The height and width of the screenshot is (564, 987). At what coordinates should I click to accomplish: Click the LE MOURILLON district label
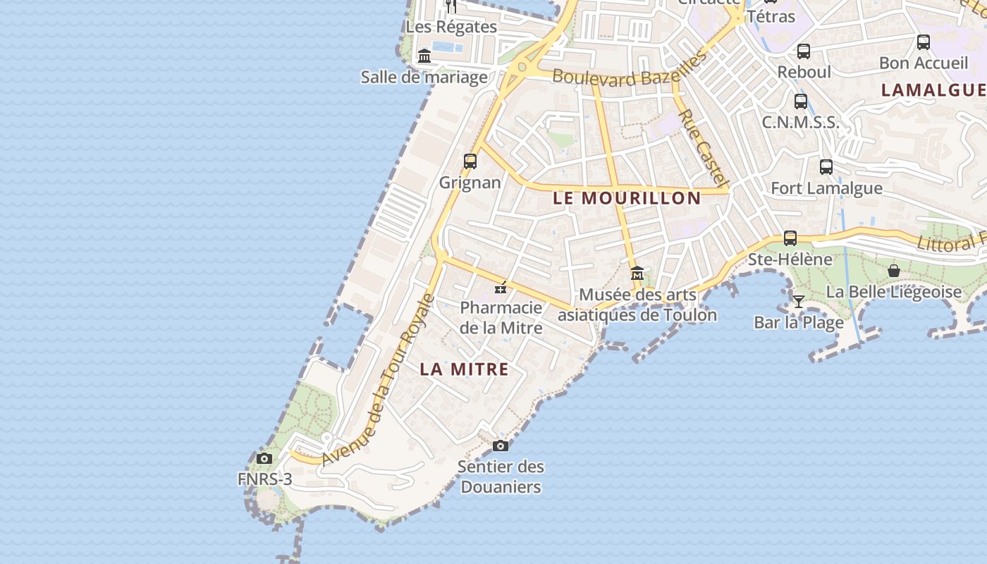pos(627,198)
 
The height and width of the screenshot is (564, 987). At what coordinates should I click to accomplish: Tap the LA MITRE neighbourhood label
pos(464,369)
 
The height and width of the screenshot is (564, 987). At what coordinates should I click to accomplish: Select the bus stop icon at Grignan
pos(470,161)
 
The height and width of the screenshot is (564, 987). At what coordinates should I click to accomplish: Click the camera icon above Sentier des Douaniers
pos(501,446)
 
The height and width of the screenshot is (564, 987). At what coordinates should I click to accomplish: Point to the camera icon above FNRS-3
pos(264,458)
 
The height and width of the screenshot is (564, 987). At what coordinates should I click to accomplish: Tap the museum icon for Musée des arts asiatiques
pos(637,273)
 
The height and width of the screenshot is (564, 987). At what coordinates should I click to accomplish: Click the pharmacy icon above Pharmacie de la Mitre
pos(501,288)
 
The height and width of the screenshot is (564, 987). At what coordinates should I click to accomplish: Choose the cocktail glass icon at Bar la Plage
pos(798,302)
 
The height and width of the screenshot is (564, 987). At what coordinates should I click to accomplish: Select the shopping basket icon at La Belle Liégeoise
pos(894,271)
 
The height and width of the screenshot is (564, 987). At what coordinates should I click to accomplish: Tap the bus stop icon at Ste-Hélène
pos(790,238)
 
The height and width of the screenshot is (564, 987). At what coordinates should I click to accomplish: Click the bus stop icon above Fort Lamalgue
pos(826,167)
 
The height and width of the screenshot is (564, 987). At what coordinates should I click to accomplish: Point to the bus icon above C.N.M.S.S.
pos(801,101)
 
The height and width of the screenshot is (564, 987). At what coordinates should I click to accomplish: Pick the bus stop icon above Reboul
pos(804,51)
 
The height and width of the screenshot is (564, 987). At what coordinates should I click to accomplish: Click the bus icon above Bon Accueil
pos(924,42)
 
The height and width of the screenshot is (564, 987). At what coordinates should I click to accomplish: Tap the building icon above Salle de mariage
pos(424,56)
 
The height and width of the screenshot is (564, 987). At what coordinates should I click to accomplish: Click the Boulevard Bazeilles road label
pos(629,73)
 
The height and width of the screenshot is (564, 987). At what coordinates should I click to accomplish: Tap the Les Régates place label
pos(451,27)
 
